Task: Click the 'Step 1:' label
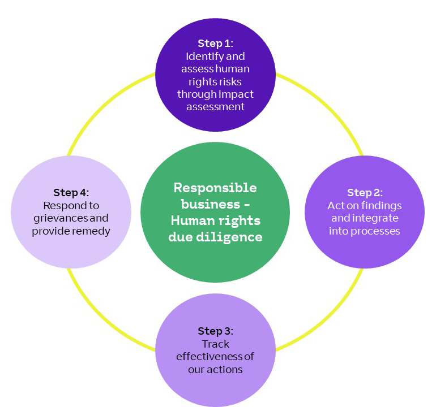215,44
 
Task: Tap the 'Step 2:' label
365,192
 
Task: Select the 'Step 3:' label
215,331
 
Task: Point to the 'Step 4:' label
71,192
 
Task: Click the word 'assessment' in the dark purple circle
215,106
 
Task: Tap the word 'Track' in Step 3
215,344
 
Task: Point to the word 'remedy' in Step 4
91,231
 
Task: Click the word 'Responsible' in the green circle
215,188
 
